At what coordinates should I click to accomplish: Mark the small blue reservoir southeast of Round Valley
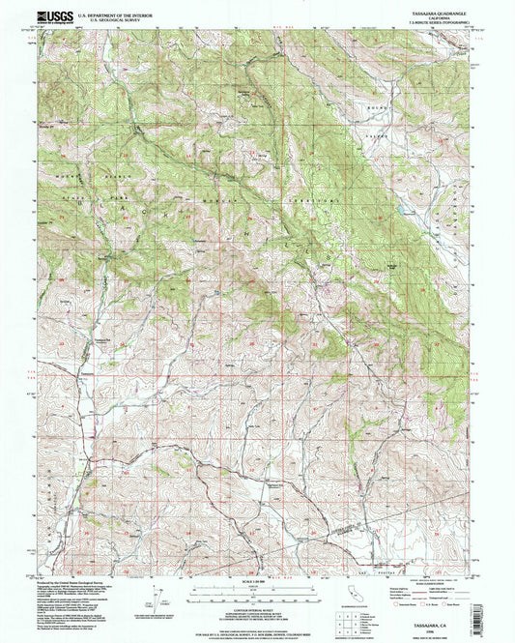click(394, 206)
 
